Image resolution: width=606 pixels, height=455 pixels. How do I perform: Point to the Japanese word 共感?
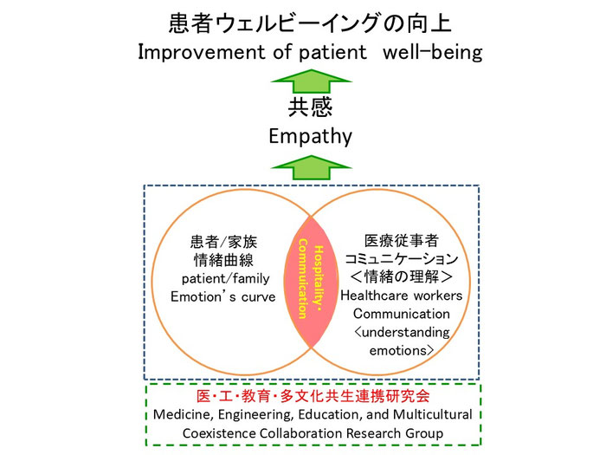click(309, 110)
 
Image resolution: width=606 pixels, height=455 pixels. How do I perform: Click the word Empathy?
click(309, 137)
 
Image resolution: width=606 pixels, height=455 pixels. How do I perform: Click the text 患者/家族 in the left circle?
click(228, 244)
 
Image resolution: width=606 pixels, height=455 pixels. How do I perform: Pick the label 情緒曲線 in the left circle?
click(228, 262)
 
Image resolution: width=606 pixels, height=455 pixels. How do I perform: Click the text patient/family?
click(228, 279)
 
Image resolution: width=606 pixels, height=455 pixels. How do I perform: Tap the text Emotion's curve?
click(228, 297)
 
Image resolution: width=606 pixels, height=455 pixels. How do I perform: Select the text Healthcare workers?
click(401, 296)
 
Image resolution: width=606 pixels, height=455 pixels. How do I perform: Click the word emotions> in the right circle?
click(401, 350)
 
